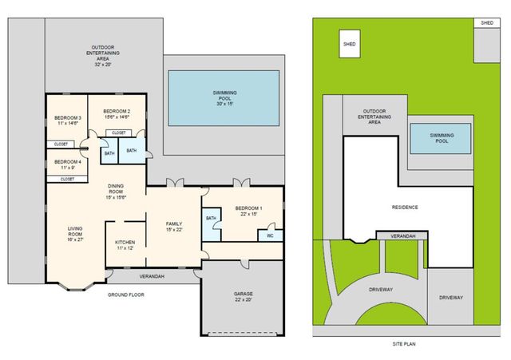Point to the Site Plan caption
(x=405, y=344)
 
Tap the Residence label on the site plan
(x=405, y=207)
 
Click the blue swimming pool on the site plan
(x=438, y=138)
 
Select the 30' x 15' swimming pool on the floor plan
(x=224, y=97)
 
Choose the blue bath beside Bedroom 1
(x=212, y=223)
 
